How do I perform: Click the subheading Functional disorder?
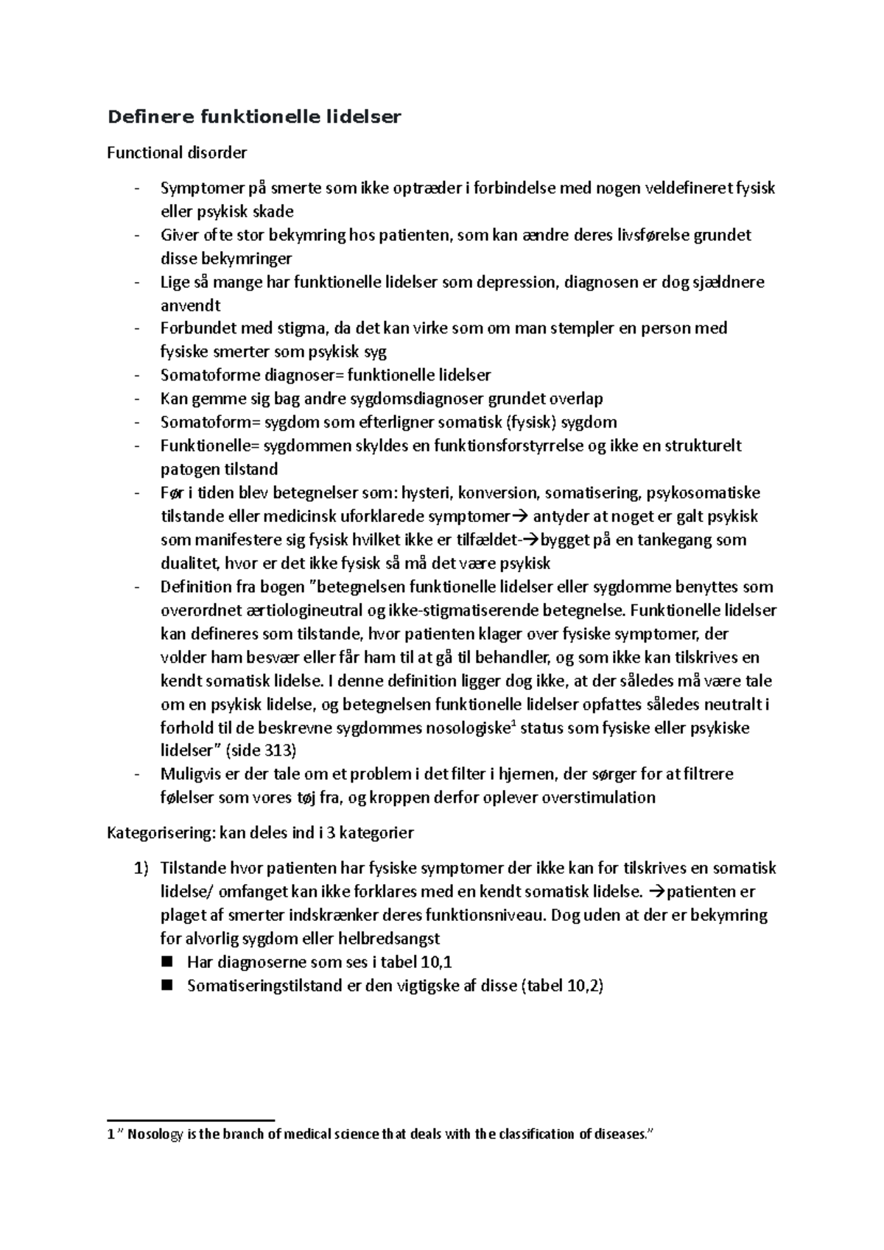point(177,153)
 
